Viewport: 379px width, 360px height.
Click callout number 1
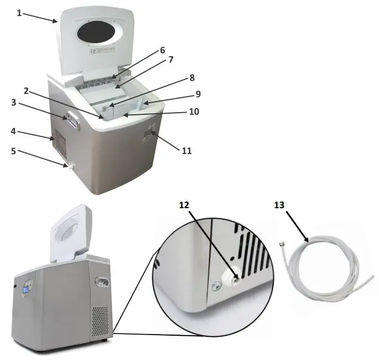[x=19, y=13]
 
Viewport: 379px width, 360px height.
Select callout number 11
[x=186, y=150]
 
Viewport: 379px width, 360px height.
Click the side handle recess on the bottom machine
[x=102, y=282]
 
